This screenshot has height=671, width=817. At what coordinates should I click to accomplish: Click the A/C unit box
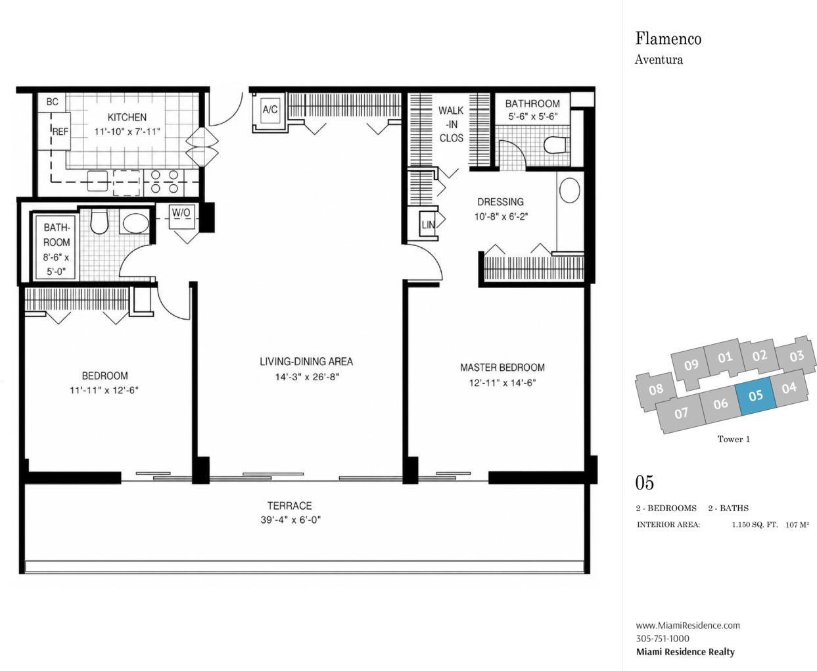[x=270, y=110]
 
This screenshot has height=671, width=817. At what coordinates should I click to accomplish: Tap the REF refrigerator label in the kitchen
[x=60, y=132]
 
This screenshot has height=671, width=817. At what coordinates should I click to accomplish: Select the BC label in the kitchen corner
[x=53, y=102]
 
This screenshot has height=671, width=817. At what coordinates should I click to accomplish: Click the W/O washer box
[x=181, y=216]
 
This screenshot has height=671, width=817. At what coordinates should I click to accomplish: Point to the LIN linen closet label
[x=428, y=225]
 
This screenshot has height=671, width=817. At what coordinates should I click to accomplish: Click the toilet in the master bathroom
[x=557, y=146]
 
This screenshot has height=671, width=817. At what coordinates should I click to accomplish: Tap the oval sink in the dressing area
[x=570, y=190]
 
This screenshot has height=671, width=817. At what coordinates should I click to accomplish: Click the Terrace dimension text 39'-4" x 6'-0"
[x=291, y=520]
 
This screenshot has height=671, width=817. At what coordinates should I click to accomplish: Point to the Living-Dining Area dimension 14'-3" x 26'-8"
[x=307, y=377]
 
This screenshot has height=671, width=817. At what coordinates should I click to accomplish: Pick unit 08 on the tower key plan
[x=656, y=389]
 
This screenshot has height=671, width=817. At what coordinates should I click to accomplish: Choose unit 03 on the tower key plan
[x=797, y=356]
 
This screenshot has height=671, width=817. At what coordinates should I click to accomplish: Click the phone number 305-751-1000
[x=663, y=639]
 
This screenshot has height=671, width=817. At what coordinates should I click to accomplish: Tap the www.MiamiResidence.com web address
[x=688, y=625]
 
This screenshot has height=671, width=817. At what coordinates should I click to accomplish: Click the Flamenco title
[x=668, y=39]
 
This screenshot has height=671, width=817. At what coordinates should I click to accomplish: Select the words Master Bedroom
[x=502, y=368]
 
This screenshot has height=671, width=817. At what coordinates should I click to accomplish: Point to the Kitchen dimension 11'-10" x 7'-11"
[x=127, y=132]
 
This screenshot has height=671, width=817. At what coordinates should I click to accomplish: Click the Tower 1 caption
[x=734, y=439]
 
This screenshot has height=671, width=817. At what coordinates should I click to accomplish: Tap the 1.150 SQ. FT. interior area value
[x=755, y=525]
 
